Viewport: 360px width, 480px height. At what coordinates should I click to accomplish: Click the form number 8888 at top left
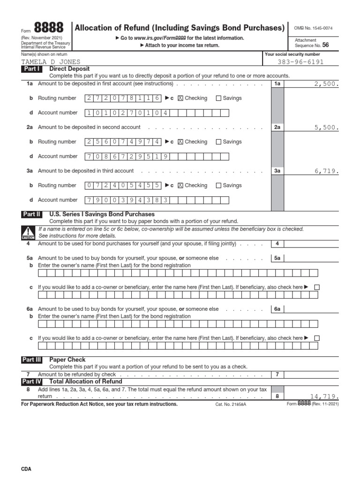[49, 28]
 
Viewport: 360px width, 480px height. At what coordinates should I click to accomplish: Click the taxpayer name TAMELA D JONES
[51, 62]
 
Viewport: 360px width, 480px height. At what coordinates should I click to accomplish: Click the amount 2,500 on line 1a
[326, 84]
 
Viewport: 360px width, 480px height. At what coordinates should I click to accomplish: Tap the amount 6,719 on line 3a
[326, 171]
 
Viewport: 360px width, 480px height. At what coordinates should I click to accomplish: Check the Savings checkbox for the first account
[218, 98]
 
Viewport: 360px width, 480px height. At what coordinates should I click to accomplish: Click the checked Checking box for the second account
[180, 142]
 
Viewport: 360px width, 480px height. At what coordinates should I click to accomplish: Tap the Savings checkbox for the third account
[218, 186]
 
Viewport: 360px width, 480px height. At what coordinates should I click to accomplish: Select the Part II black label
[32, 214]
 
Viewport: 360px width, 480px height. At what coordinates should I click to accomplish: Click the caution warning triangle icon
[28, 232]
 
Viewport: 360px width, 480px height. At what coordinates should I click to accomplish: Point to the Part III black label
[32, 360]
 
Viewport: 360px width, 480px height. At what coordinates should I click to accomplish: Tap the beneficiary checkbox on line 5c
[317, 287]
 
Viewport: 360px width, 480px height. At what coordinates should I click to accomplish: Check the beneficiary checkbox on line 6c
[317, 338]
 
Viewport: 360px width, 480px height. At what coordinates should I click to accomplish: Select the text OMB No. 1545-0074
[314, 29]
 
